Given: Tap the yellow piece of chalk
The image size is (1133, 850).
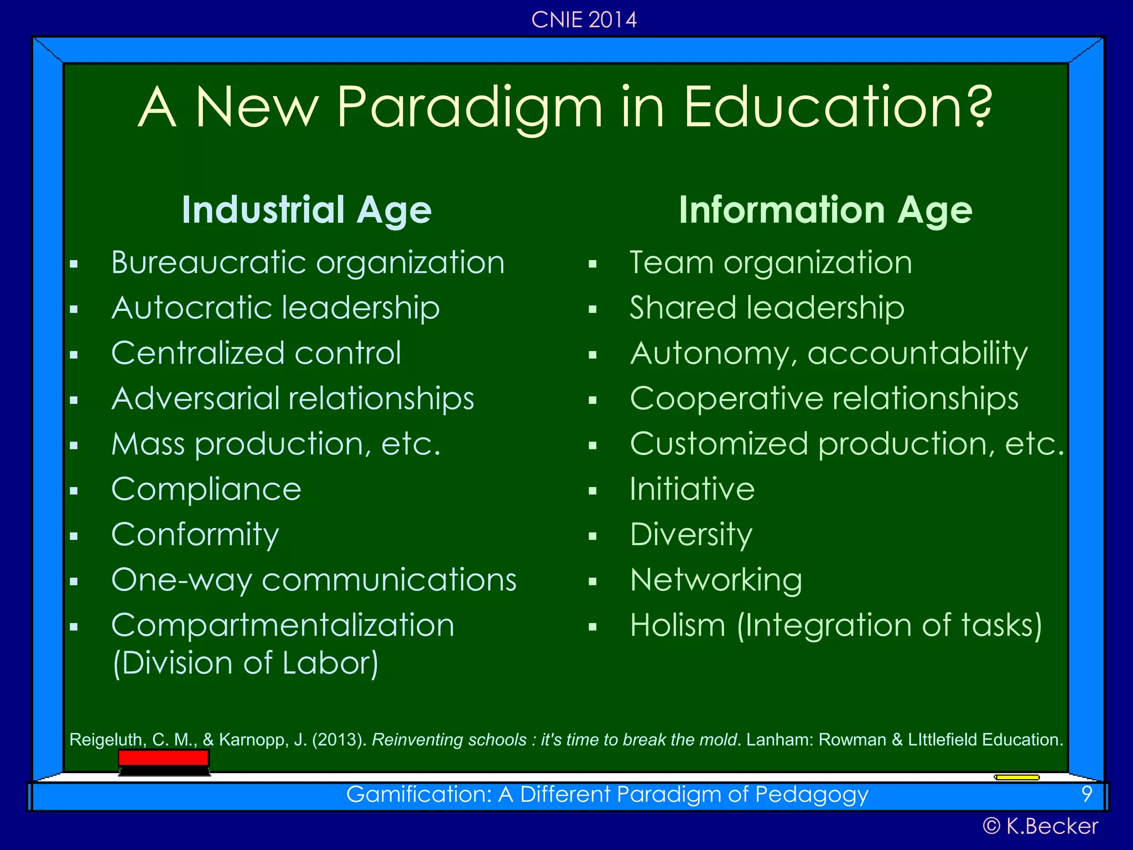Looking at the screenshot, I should [1017, 778].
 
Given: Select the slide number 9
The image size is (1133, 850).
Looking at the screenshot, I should [1087, 794].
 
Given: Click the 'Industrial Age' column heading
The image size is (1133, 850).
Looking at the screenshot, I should [306, 210].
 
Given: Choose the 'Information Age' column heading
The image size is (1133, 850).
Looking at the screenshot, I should [825, 210].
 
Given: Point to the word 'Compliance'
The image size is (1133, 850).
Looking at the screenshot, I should [206, 489].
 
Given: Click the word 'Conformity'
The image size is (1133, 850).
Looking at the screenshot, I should [195, 535].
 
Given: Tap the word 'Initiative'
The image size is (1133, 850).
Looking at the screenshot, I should [692, 489].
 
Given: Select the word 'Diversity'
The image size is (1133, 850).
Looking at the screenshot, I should [691, 535].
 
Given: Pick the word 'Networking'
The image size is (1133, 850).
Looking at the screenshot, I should [716, 581].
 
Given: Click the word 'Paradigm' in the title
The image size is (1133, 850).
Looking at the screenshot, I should [469, 108].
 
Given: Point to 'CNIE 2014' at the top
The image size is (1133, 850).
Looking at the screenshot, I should [584, 20].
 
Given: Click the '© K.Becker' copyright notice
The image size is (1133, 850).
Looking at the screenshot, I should [1040, 826].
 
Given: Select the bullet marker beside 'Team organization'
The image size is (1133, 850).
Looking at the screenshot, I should [593, 265].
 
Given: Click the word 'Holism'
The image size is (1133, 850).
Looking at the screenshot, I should [678, 626].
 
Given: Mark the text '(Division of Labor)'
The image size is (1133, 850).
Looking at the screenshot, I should [246, 663].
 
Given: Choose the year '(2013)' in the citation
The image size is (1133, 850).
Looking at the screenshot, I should [339, 740].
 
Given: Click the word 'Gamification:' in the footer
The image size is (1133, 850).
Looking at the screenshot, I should [419, 795].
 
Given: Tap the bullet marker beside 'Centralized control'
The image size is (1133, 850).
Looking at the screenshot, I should [74, 355].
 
